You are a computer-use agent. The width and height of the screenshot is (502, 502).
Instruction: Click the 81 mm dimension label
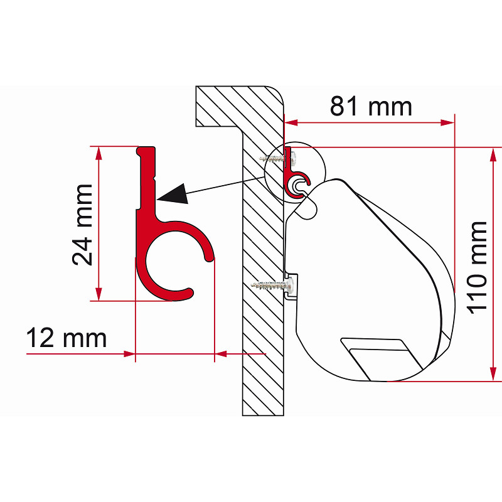click(x=371, y=106)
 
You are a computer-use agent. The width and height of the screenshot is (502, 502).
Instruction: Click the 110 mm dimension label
click(x=478, y=268)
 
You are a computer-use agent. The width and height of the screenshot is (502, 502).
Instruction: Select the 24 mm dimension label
click(x=82, y=225)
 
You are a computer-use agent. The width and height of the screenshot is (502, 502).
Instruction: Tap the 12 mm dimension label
click(x=67, y=338)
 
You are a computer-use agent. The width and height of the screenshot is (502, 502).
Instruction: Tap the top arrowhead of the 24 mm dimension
click(x=99, y=154)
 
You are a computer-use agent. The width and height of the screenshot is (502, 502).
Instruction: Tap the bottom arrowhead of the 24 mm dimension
click(x=99, y=294)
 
